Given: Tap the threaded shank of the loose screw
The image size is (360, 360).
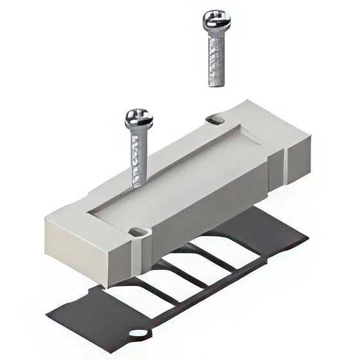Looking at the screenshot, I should point(214,58).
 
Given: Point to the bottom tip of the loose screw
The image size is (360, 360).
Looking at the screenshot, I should point(215,84).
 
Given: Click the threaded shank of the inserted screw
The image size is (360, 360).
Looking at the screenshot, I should point(138,157).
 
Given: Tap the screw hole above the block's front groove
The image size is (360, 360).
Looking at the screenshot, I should point(135,230).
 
